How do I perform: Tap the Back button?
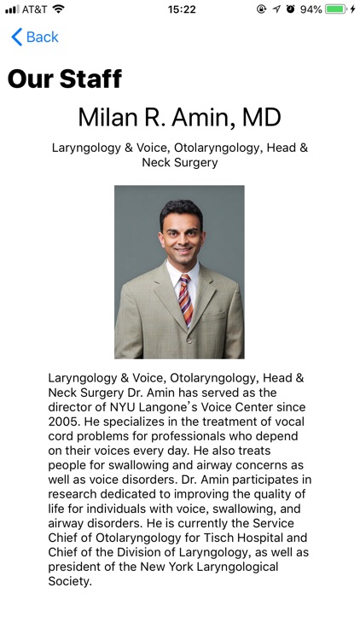[35, 37]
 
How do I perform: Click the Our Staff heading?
[65, 79]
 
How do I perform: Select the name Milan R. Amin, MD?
[179, 117]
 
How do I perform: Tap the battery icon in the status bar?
[336, 9]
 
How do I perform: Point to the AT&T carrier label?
[35, 9]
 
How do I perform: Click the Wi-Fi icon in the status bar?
[58, 9]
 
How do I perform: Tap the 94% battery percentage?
[311, 9]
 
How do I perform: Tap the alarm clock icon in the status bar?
[290, 9]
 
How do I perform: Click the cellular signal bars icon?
[11, 9]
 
